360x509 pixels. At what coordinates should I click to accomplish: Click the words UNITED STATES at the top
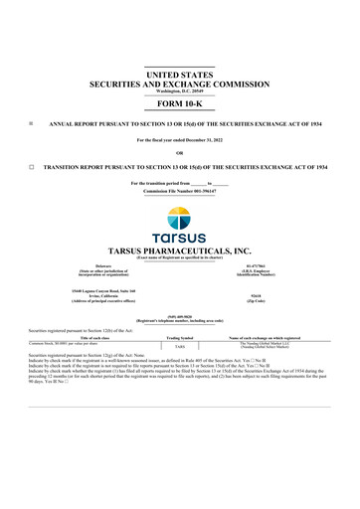(180, 75)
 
